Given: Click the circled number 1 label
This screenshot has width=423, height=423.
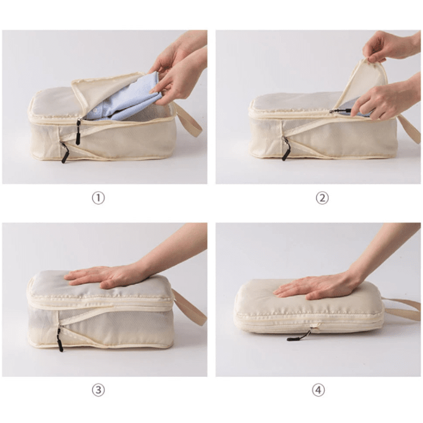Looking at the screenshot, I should click(x=99, y=198).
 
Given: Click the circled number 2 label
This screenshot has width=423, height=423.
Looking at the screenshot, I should click(x=322, y=198).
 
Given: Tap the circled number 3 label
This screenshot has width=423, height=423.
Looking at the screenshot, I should click(x=99, y=390).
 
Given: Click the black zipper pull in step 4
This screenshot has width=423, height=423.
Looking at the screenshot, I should click(x=299, y=337).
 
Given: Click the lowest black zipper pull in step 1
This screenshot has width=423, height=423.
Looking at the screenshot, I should click(x=64, y=153).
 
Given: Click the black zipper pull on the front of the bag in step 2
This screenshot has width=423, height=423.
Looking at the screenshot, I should click(x=286, y=149).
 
